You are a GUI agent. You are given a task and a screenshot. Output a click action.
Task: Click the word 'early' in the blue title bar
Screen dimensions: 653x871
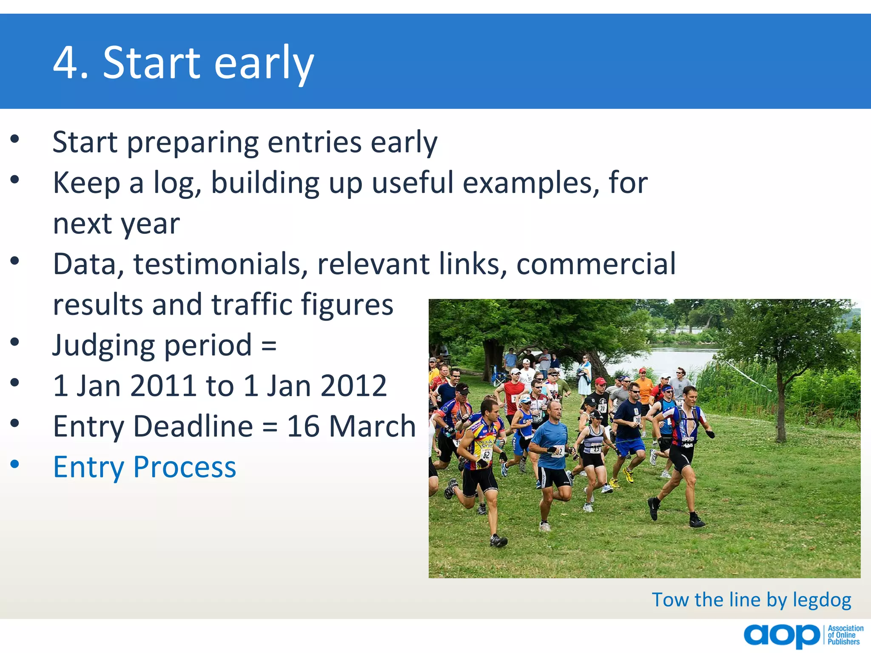tap(264, 64)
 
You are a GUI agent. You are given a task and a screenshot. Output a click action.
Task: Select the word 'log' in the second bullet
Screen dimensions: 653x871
tap(177, 184)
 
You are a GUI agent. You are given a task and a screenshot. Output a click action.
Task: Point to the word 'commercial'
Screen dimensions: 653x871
tap(595, 264)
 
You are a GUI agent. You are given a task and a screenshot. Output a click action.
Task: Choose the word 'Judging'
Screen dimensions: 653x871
tap(103, 345)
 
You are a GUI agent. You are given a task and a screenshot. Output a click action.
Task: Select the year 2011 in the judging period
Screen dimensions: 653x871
tap(163, 386)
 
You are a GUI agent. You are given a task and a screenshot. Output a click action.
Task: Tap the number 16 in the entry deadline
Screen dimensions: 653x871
tap(303, 426)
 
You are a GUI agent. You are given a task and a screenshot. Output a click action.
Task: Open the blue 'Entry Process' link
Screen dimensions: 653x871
tap(144, 467)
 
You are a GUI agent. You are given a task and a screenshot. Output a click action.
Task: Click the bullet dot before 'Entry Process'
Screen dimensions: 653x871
tap(15, 464)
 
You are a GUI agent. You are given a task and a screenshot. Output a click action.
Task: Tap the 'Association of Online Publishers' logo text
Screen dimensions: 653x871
tap(845, 635)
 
